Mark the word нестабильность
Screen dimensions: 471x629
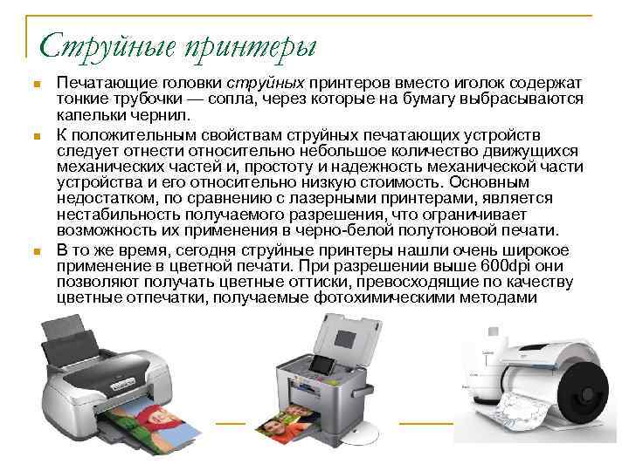coord(117,215)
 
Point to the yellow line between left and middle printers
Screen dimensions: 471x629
coord(231,423)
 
